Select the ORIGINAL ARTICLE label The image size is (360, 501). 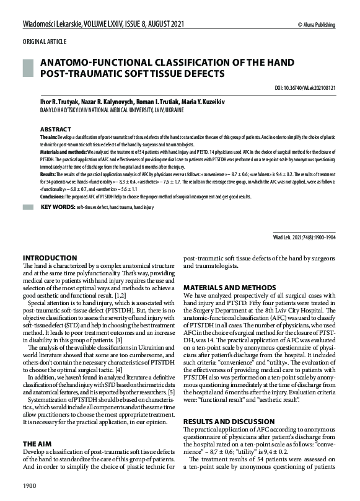[x=45, y=42]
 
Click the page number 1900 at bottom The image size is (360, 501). [x=30, y=484]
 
